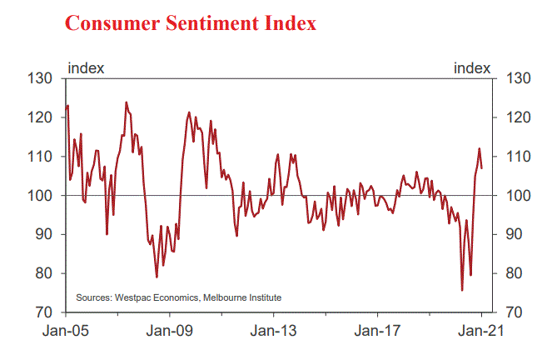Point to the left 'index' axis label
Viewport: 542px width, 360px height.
85,68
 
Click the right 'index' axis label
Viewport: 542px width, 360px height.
472,68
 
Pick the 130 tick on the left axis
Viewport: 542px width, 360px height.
41,78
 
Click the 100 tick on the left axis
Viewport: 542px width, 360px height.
41,196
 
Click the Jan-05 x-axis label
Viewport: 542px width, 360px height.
65,330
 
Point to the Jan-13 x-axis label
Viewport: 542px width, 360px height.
274,330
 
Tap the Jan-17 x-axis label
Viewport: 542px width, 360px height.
378,330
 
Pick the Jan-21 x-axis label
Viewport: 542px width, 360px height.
482,330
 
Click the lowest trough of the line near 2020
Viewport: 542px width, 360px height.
462,290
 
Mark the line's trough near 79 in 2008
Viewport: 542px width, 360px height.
157,277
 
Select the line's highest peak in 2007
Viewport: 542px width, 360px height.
126,102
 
